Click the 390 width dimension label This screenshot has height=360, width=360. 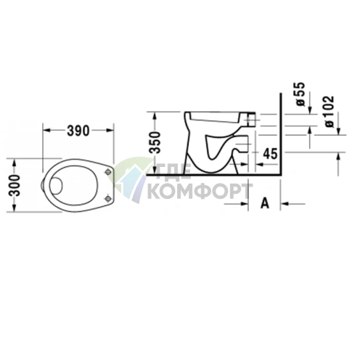pos(78,131)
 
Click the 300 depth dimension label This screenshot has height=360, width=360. pos(14,185)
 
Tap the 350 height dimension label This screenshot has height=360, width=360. pos(155,142)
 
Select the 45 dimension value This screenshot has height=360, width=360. pos(270,154)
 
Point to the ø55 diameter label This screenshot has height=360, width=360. pos(300,94)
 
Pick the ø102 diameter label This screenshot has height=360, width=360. pos(329,111)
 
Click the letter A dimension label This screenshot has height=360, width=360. pos(265,203)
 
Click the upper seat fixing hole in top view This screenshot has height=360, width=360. pos(108,172)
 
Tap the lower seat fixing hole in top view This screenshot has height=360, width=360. pos(108,199)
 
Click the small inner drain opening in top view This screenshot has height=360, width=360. pos(56,185)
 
